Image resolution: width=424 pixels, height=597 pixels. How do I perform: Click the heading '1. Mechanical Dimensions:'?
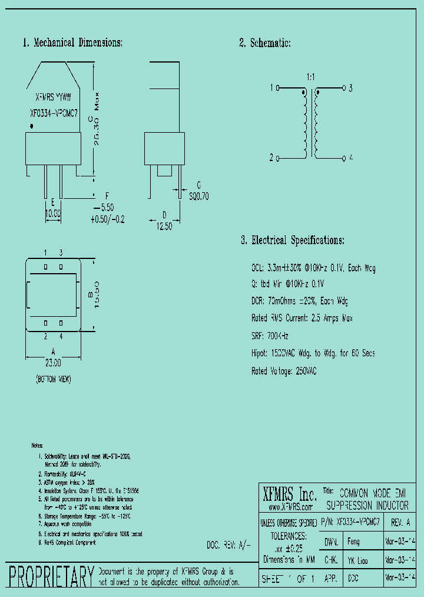[x=72, y=42]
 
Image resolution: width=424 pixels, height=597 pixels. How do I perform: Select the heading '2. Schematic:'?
[x=264, y=42]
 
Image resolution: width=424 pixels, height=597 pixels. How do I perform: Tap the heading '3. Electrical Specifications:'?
[x=292, y=240]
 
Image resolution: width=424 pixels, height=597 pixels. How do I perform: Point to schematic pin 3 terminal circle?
[x=343, y=88]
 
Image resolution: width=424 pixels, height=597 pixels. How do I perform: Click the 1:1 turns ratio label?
[x=311, y=77]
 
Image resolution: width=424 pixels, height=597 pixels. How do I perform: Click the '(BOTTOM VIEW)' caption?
[x=54, y=380]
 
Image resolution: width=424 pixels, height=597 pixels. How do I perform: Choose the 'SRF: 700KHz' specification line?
[x=270, y=335]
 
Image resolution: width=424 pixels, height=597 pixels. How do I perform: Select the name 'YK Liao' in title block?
[x=358, y=560]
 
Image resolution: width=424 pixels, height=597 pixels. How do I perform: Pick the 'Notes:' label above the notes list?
[x=38, y=445]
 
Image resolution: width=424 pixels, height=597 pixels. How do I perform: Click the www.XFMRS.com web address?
[x=290, y=507]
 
